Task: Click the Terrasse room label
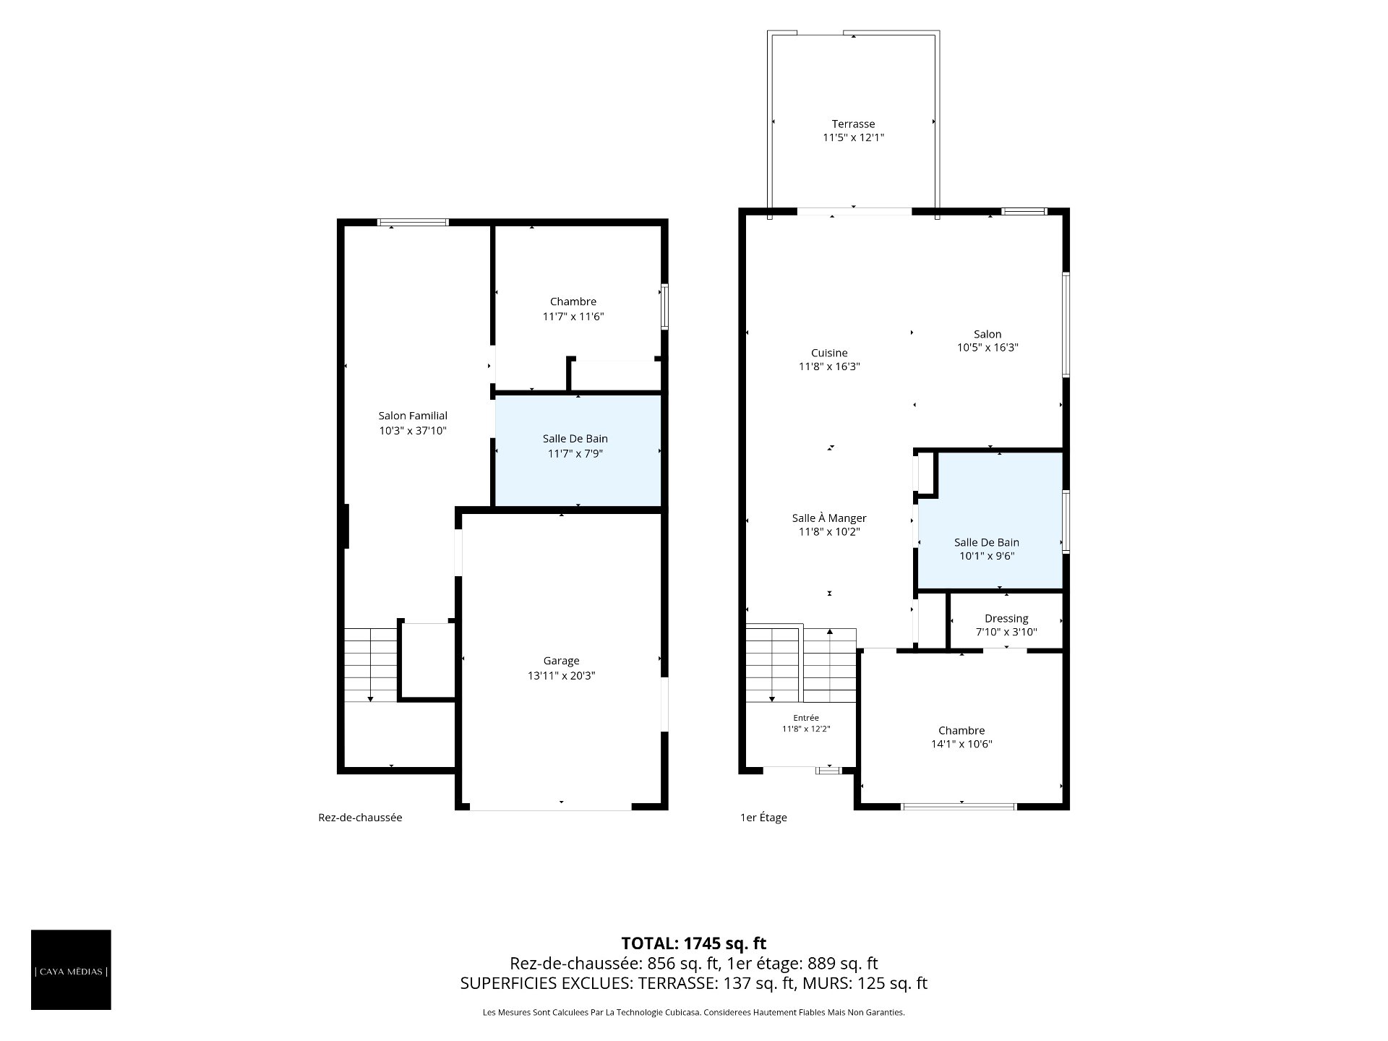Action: [x=853, y=124]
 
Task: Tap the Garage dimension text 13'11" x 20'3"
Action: [x=561, y=676]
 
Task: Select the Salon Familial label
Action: [x=413, y=416]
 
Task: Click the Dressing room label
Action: [x=1006, y=619]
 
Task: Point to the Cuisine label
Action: [x=829, y=353]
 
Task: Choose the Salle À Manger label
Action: [x=829, y=518]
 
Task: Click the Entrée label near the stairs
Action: [x=806, y=718]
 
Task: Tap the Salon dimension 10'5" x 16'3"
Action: [x=988, y=348]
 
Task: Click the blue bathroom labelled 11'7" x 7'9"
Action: [x=578, y=450]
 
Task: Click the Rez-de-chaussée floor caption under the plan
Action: [x=360, y=818]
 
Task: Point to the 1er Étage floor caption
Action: [x=763, y=818]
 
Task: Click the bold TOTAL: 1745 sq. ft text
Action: [x=694, y=943]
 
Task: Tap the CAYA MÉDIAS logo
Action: [x=71, y=970]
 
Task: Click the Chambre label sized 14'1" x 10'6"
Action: [x=961, y=731]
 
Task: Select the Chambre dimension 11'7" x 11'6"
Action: [x=573, y=317]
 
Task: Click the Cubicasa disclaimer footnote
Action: [x=694, y=1013]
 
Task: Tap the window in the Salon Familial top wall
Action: [x=414, y=222]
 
